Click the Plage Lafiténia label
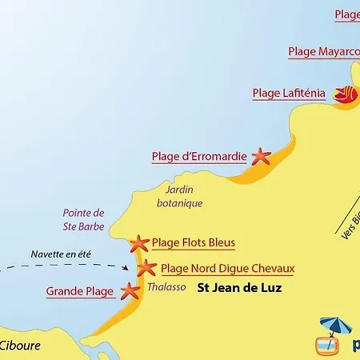point(289,93)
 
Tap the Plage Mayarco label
point(323,51)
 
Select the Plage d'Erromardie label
point(198,157)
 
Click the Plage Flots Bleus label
point(193,242)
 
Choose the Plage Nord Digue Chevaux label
point(228,269)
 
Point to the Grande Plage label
point(79,292)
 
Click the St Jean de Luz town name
point(239,289)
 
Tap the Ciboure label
point(20,346)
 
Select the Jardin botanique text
point(179,197)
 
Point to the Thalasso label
point(166,288)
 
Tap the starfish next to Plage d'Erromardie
point(261,157)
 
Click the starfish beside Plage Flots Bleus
point(140,242)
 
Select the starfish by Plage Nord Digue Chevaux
point(147,268)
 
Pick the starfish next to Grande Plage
point(129,291)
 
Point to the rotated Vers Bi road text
point(351,223)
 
